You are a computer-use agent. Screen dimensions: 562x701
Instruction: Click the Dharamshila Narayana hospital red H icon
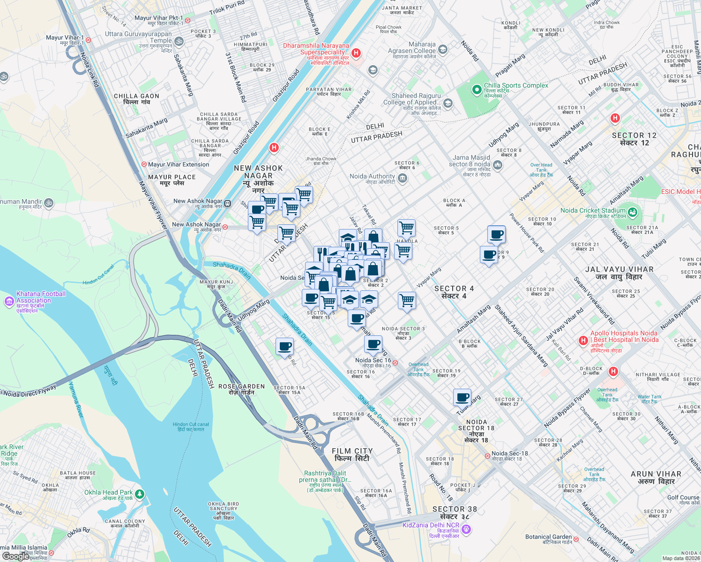[x=356, y=53]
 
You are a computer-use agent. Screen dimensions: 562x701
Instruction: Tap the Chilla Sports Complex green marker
[x=477, y=89]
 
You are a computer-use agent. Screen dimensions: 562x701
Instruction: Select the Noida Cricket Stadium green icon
[x=633, y=212]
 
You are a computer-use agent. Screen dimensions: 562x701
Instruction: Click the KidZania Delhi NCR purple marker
[x=466, y=529]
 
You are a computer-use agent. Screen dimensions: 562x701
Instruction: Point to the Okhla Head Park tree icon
[x=139, y=495]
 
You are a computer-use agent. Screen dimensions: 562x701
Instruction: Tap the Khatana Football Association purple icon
[x=9, y=302]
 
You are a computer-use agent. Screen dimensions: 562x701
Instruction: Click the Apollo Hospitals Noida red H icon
[x=583, y=340]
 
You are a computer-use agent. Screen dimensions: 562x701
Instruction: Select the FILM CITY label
[x=352, y=454]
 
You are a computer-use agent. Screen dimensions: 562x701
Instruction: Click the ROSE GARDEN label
[x=241, y=389]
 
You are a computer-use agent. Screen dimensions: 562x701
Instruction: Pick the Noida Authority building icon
[x=403, y=178]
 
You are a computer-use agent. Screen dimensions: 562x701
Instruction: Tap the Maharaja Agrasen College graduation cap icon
[x=443, y=50]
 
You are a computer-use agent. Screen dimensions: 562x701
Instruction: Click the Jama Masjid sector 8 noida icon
[x=498, y=164]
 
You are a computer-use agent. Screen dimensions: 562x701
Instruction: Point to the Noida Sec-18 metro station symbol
[x=487, y=455]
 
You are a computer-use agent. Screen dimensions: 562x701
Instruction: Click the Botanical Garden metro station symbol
[x=576, y=540]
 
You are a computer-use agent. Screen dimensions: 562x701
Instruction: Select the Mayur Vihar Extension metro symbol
[x=144, y=164]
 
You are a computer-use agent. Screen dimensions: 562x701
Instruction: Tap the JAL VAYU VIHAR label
[x=619, y=273]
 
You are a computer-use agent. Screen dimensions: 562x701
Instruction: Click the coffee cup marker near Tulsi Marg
[x=462, y=397]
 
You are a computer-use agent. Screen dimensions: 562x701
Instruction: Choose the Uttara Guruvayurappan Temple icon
[x=179, y=42]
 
